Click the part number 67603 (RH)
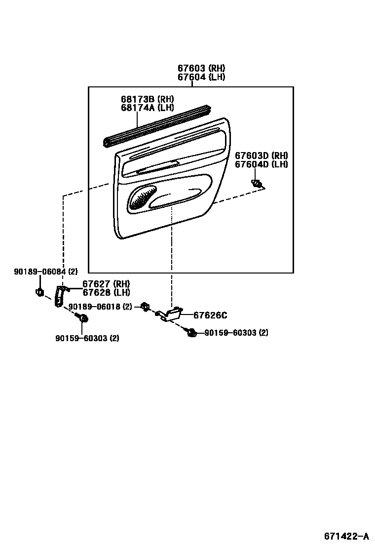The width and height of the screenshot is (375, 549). click(x=201, y=68)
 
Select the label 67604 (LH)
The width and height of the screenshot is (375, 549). click(x=201, y=77)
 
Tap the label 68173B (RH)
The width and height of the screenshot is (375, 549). click(x=147, y=99)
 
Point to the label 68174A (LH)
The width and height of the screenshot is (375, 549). click(x=147, y=108)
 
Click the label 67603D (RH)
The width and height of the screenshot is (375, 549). click(x=261, y=156)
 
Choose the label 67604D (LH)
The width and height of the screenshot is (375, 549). click(x=261, y=164)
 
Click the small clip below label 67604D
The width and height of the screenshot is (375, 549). click(x=257, y=184)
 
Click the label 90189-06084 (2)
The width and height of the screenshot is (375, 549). click(x=46, y=272)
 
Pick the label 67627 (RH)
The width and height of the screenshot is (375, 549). click(x=106, y=284)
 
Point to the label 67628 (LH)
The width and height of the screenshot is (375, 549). click(x=106, y=292)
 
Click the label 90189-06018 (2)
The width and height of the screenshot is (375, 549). click(x=100, y=307)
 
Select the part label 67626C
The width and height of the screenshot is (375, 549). click(x=210, y=315)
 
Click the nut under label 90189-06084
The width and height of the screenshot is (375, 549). click(x=39, y=292)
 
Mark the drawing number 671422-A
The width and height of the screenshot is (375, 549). click(x=346, y=536)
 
